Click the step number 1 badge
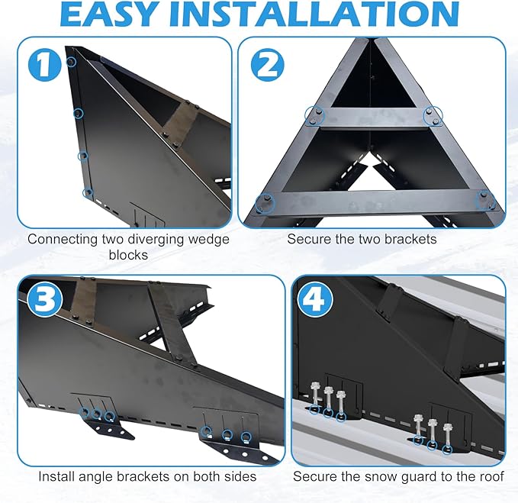[45, 65]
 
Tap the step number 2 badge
[267, 65]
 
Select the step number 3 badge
[44, 300]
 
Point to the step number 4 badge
[316, 300]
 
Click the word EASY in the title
[108, 14]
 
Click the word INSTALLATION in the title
[316, 14]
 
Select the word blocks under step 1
[128, 255]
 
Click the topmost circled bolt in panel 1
[72, 62]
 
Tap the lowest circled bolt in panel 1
[88, 192]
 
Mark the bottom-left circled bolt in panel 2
[265, 203]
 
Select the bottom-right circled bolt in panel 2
[486, 201]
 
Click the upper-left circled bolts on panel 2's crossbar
[314, 116]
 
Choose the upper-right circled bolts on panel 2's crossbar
[433, 116]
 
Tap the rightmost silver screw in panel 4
[447, 437]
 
